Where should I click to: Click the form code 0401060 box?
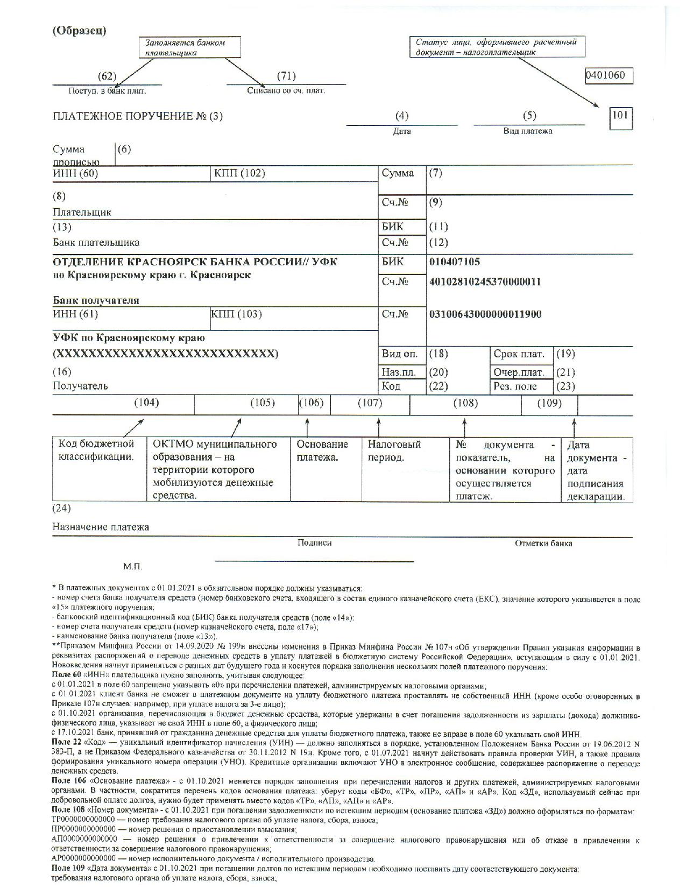608,75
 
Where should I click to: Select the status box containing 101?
620,118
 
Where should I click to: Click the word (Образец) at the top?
79,30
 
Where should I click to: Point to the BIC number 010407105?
455,262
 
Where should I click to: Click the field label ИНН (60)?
75,173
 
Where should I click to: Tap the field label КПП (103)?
236,314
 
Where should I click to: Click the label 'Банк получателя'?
96,300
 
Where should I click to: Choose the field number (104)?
146,403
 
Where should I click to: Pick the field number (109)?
549,403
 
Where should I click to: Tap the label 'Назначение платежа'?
101,527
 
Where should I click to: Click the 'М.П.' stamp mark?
132,567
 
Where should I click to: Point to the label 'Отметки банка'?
543,544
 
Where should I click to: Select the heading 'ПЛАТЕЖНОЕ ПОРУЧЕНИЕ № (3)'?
137,116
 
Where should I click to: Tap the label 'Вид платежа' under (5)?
528,131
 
